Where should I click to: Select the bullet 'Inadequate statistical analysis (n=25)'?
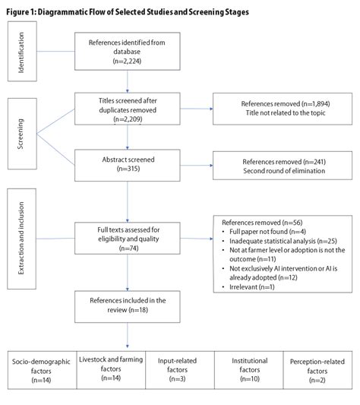click(x=278, y=240)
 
